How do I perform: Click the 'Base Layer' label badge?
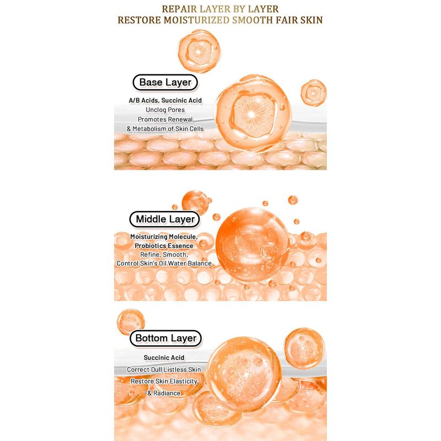click(x=165, y=82)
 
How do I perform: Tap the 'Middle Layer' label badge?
click(x=165, y=219)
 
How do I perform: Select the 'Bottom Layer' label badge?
click(x=166, y=338)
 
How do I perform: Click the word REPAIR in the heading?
click(x=180, y=9)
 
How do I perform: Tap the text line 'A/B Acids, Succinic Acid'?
click(x=165, y=100)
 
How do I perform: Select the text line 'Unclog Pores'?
click(x=165, y=110)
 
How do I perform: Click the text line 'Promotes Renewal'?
click(x=165, y=119)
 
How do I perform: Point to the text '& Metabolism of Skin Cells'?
click(x=165, y=129)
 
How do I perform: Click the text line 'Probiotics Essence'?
click(x=164, y=246)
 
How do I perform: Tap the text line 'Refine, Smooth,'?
click(x=164, y=255)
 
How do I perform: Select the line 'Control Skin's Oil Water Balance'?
click(x=164, y=263)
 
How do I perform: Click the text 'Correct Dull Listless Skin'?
click(x=164, y=369)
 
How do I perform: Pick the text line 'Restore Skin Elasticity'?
click(x=164, y=381)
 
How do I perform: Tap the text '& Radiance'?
click(x=164, y=393)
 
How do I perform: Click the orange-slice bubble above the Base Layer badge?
click(x=199, y=51)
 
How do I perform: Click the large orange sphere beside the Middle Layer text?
click(x=252, y=244)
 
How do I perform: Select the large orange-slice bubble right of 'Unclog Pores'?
click(x=254, y=113)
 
